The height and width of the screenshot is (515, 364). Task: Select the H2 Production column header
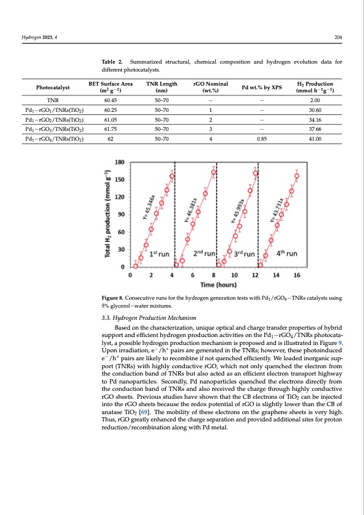(314, 87)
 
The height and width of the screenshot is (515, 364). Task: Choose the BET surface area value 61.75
(111, 129)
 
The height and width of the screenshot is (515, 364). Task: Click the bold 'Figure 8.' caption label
(114, 298)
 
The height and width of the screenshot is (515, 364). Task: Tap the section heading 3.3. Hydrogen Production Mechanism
(149, 317)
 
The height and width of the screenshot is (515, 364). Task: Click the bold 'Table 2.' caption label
(113, 62)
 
